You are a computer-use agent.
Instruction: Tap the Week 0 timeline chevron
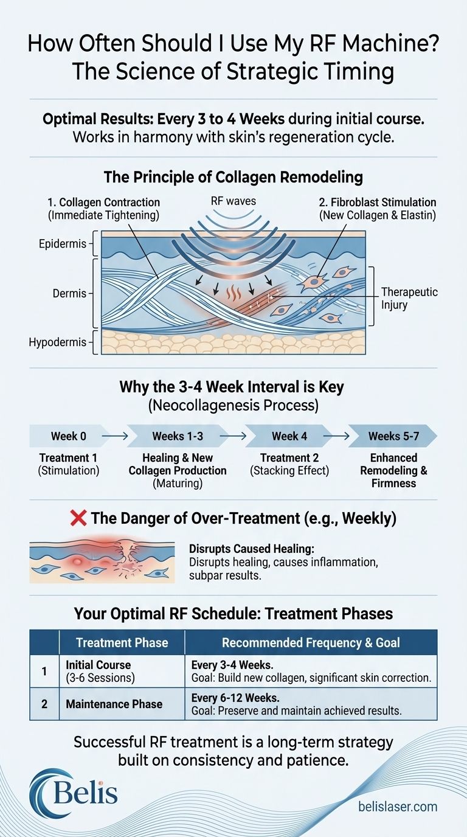pos(64,436)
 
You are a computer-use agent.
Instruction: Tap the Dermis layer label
pos(65,294)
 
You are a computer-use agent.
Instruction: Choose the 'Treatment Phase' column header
pos(122,642)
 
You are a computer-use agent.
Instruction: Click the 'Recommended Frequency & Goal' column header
pos(310,642)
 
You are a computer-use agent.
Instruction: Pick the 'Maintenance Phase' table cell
pos(114,704)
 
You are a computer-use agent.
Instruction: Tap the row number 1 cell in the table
pos(44,671)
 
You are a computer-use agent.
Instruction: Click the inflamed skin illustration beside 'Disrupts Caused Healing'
pos(102,562)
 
